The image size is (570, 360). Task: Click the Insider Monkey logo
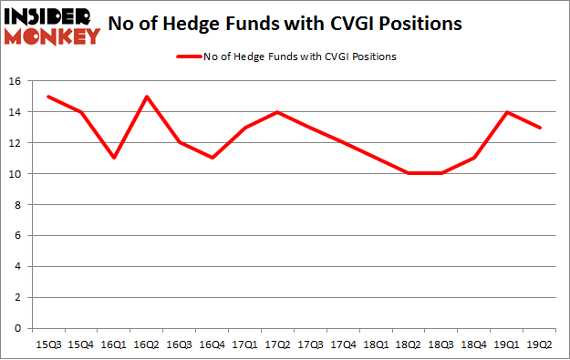click(x=52, y=26)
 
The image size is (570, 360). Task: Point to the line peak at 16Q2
click(x=147, y=97)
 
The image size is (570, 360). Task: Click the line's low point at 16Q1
click(x=114, y=159)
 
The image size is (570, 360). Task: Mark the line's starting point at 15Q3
click(x=48, y=97)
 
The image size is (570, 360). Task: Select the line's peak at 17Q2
click(x=278, y=112)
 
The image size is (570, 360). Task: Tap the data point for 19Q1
click(x=508, y=112)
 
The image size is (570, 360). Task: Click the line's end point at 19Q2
click(x=541, y=128)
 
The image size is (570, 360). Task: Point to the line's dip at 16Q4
click(x=212, y=159)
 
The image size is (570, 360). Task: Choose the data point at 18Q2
click(x=409, y=174)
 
